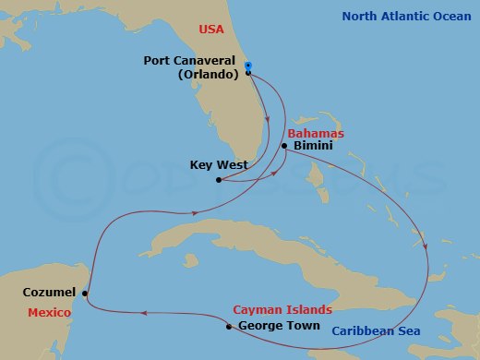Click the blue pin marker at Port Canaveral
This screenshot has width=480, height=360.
coord(248,66)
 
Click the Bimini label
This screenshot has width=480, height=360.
coord(311,146)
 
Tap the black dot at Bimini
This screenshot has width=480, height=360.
coord(284,146)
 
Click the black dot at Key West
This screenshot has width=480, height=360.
coord(218,180)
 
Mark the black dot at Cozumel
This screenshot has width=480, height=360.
coord(85,294)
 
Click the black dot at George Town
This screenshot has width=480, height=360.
coord(228,326)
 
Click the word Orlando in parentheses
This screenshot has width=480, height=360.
coord(208,75)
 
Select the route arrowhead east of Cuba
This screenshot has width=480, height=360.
coord(426,247)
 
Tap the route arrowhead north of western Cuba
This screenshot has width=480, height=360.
coord(194,213)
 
